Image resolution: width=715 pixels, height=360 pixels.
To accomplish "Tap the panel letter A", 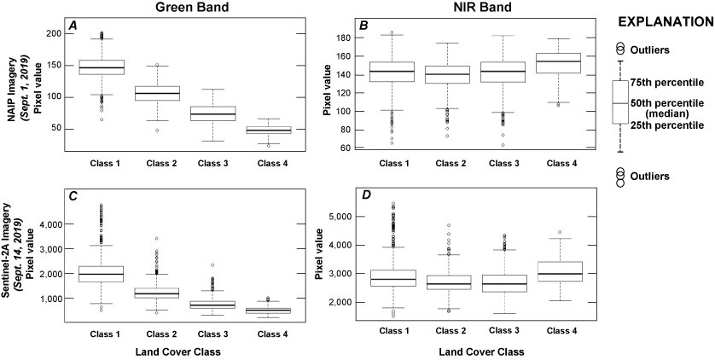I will click(x=73, y=26).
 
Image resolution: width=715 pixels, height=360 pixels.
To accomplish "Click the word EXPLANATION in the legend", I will click(x=665, y=20).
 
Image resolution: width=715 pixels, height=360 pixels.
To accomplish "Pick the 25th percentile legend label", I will click(x=666, y=125).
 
